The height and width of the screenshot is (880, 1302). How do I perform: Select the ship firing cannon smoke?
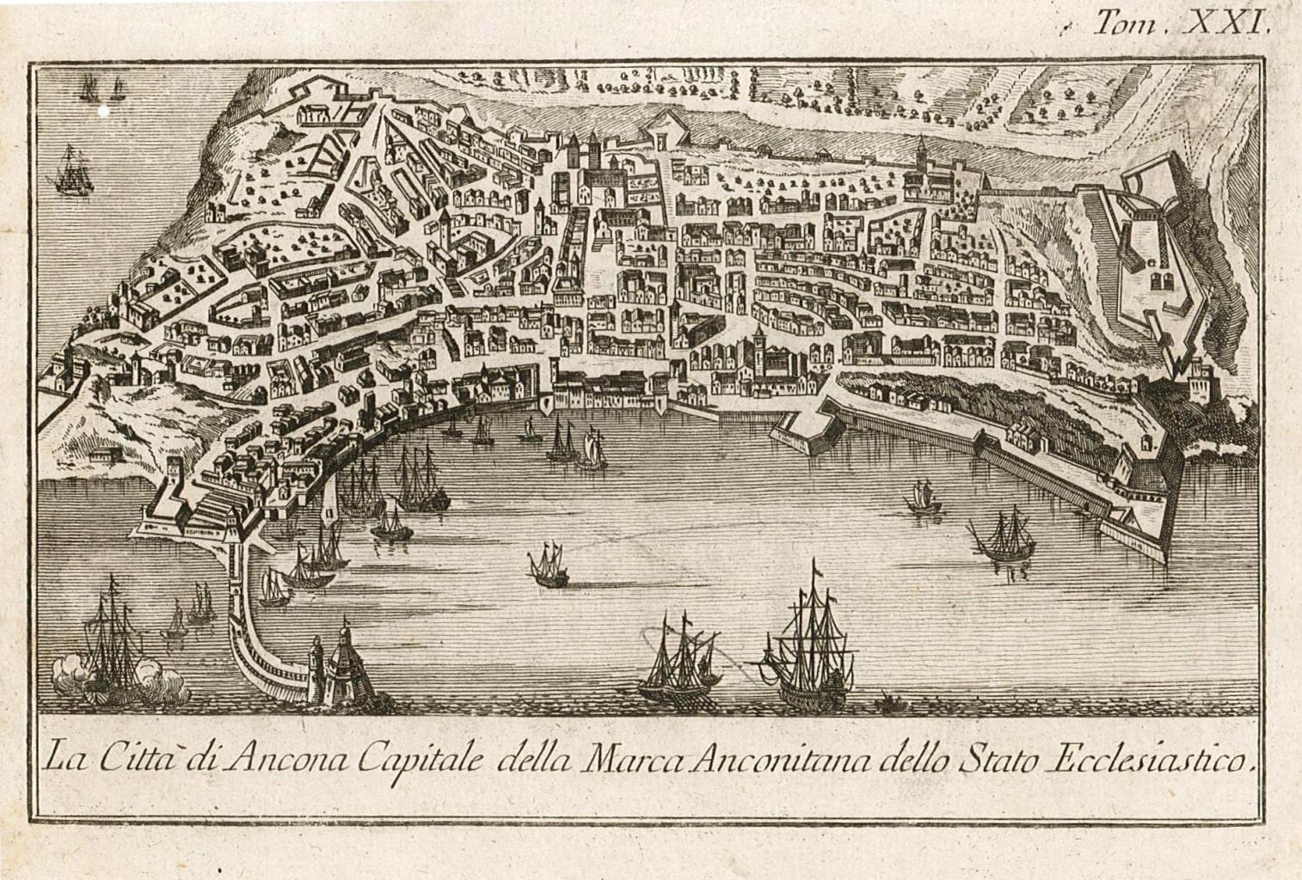pos(112,640)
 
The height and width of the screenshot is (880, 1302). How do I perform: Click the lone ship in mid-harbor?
pos(548,566)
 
